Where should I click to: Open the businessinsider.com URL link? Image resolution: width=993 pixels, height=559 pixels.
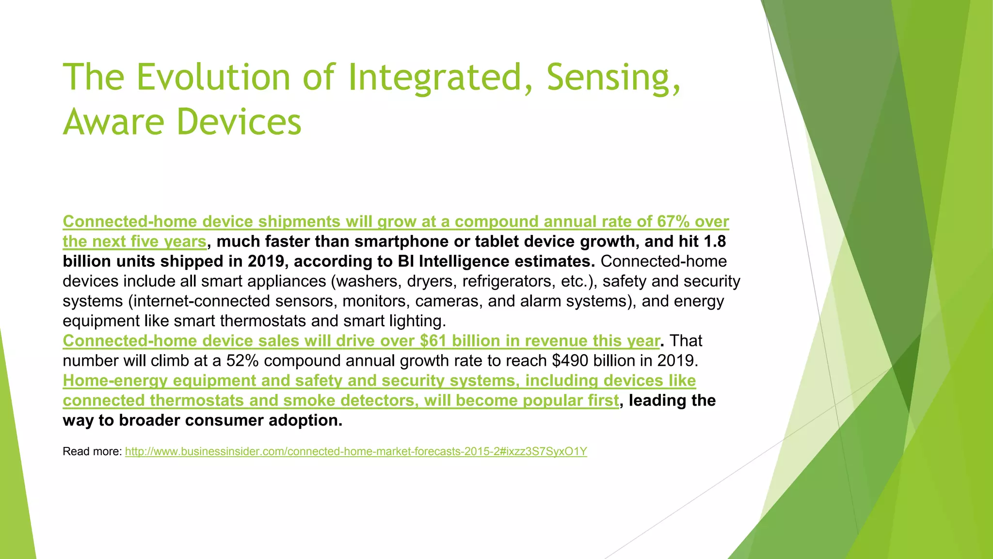[x=356, y=452]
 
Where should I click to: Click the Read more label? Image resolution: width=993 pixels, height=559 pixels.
[x=92, y=452]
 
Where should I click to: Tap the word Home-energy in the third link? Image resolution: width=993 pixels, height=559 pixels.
[x=115, y=381]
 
